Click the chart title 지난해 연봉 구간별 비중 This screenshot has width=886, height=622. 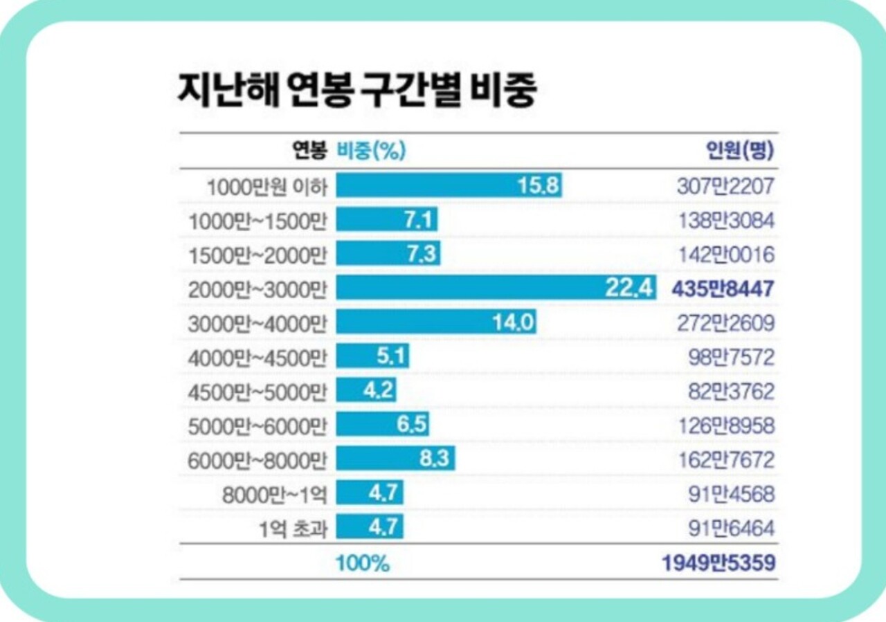356,90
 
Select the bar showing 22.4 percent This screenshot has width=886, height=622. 496,289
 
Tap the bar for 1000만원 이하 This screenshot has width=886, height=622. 449,185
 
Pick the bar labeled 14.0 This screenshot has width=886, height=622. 436,322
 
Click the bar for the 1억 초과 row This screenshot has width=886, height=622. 370,528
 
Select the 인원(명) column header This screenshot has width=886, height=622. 740,150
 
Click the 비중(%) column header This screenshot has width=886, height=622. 371,150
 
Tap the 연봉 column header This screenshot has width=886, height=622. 309,150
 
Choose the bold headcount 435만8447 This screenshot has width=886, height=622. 723,289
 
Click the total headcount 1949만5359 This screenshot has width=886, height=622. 718,563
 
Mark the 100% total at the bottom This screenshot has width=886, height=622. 363,563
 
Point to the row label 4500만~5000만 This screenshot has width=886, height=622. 257,392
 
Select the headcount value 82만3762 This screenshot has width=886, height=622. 731,392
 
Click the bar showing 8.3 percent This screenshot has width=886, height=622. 396,459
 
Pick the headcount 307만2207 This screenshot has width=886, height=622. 725,185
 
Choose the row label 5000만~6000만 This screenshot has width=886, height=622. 257,426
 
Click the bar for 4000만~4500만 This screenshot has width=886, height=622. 372,357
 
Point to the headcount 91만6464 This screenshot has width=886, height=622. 731,528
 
